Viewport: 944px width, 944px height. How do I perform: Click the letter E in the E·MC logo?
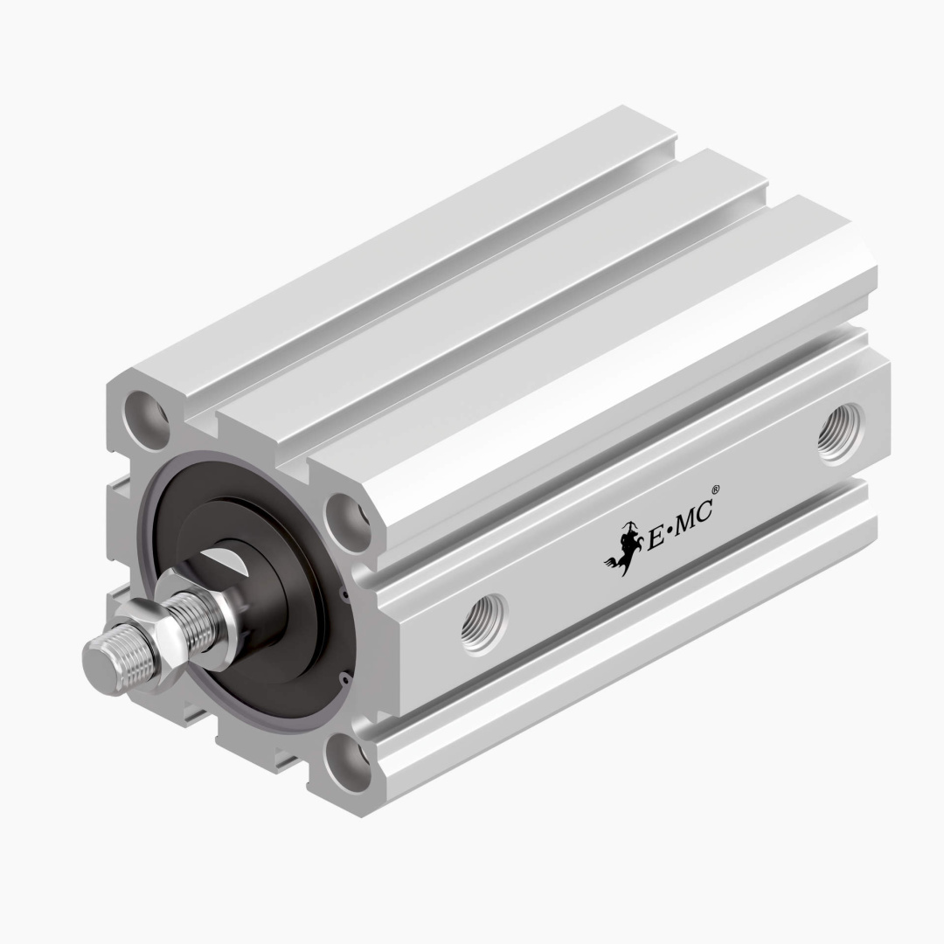pos(655,538)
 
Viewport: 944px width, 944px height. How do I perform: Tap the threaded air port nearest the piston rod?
pos(483,622)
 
